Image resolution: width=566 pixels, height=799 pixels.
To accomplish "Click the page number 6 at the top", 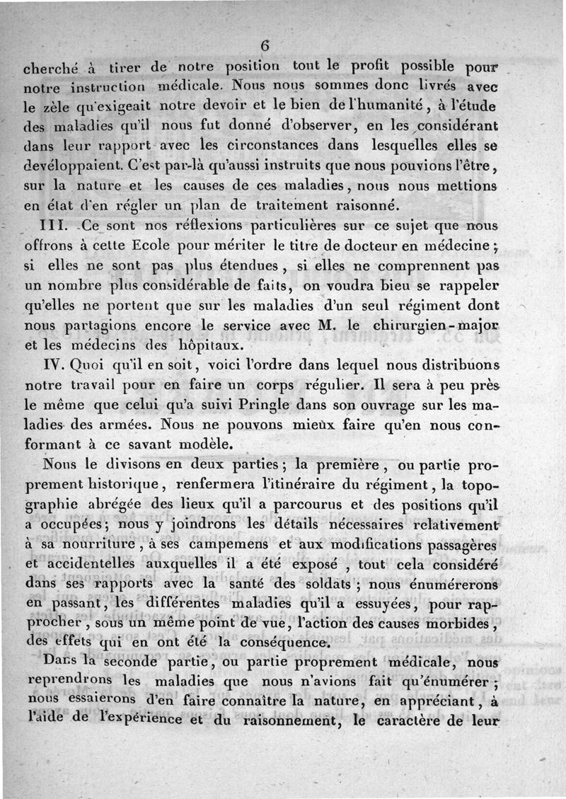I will point(265,45).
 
